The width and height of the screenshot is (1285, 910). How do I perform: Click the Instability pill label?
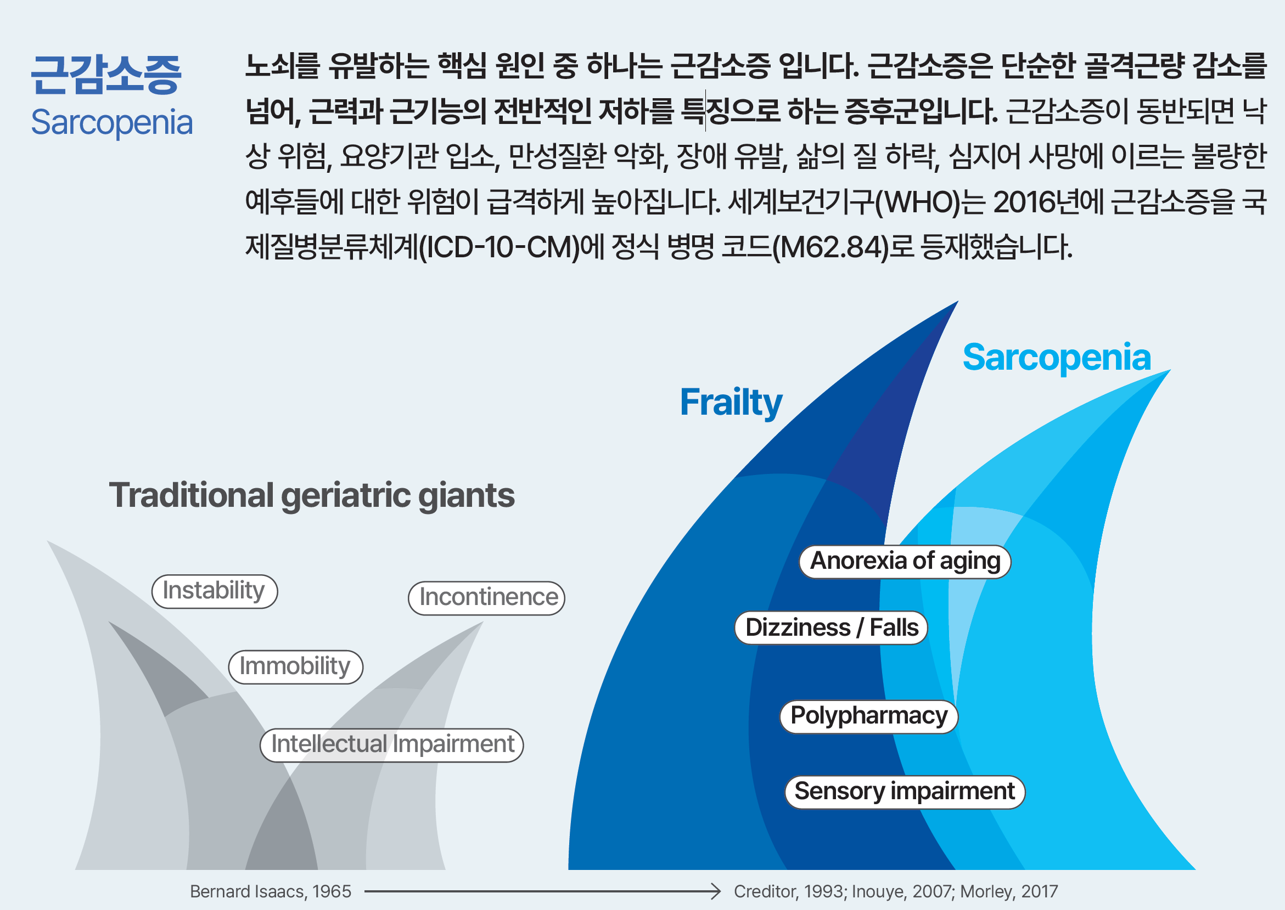tap(215, 591)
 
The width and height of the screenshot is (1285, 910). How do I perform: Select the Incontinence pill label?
tap(487, 598)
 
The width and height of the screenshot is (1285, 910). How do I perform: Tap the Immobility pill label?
tap(295, 667)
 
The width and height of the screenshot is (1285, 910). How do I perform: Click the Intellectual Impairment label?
tap(392, 745)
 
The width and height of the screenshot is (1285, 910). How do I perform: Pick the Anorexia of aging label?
tap(905, 562)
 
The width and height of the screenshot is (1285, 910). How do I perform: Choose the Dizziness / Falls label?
tap(832, 628)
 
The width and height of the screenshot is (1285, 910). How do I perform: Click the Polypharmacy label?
tap(868, 716)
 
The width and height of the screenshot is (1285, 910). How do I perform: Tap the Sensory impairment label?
tap(904, 792)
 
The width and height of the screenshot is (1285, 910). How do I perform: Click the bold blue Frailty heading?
tap(731, 402)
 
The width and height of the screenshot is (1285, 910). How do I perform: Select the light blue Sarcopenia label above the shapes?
tap(1056, 358)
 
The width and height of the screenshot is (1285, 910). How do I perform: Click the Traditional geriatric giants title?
tap(312, 495)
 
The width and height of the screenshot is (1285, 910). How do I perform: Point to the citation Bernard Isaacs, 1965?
tap(270, 891)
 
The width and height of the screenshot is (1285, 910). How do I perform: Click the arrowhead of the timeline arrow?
tap(716, 891)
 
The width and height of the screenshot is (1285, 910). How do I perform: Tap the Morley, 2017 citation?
tap(1009, 891)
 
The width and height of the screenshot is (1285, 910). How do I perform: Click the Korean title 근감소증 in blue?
tap(106, 75)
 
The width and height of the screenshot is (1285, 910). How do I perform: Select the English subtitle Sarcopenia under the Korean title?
tap(111, 122)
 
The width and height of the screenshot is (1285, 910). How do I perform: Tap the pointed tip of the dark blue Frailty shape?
tap(955, 303)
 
